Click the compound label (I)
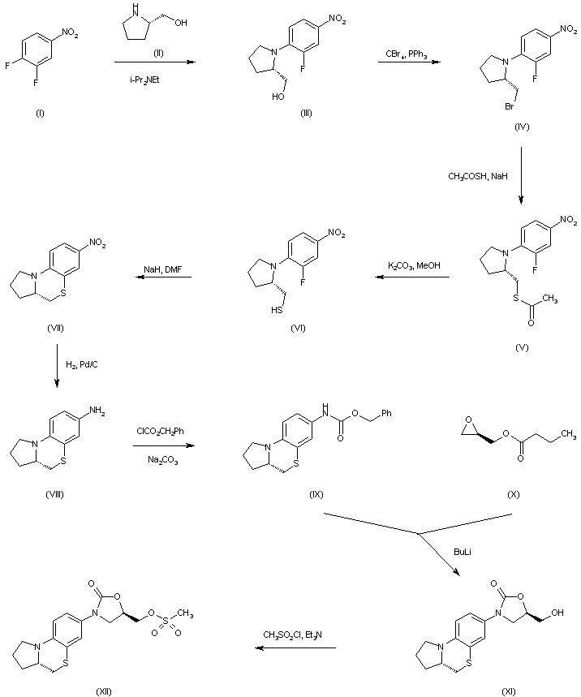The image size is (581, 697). [40, 112]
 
